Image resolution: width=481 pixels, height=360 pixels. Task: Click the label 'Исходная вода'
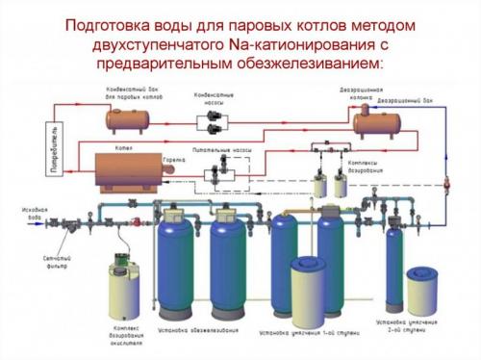pos(35,212)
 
